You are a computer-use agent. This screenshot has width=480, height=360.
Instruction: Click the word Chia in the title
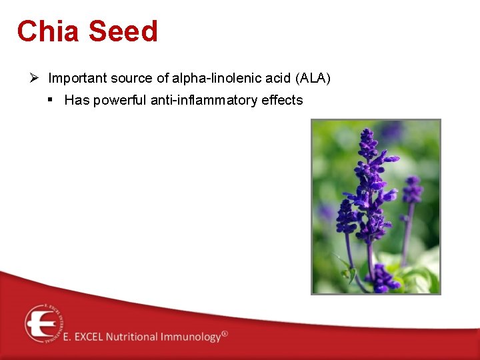48,31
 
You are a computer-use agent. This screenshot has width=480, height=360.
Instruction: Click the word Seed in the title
123,31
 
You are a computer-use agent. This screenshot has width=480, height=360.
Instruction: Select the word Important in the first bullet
77,79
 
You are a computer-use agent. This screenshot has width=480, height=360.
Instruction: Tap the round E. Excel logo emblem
43,323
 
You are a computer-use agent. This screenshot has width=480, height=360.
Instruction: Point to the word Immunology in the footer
191,337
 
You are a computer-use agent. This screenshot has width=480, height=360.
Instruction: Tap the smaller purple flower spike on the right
411,200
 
